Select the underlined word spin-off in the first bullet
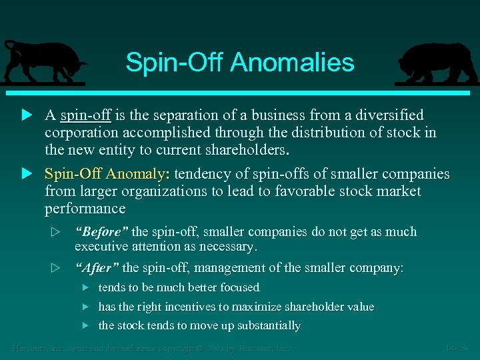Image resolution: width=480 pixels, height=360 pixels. [85, 115]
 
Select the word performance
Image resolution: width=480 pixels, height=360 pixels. [85, 209]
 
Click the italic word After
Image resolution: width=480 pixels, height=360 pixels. [97, 268]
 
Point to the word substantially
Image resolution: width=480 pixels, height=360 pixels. [265, 326]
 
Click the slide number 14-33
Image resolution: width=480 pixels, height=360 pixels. [457, 348]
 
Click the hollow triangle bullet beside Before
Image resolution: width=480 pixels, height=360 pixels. [56, 233]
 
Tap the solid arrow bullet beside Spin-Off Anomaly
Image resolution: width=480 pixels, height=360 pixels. [27, 174]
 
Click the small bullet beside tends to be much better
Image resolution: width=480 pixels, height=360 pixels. [85, 287]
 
